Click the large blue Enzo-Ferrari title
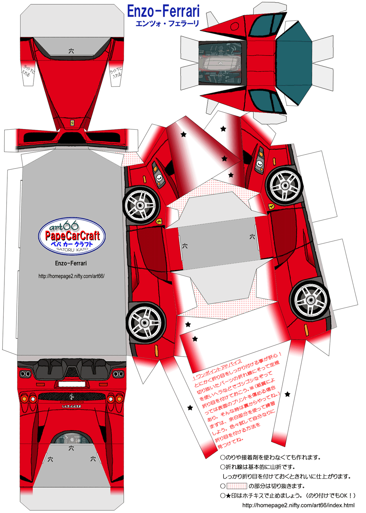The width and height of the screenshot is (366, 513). (163, 11)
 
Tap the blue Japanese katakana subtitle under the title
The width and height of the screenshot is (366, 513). (167, 24)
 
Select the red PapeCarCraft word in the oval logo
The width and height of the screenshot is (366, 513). (72, 236)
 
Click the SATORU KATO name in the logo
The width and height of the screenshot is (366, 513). (72, 250)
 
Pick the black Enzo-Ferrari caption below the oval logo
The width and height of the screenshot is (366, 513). (71, 263)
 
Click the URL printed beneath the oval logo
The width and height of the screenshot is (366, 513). (71, 276)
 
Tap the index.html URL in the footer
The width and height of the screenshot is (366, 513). (298, 505)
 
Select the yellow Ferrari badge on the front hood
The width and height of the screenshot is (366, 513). (72, 123)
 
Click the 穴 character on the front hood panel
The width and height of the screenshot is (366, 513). (71, 51)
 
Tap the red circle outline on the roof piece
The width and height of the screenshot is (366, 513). (235, 26)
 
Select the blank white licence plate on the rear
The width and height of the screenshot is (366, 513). (72, 384)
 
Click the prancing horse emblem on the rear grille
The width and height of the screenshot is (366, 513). (72, 397)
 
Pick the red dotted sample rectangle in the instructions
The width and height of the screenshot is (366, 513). (237, 486)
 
